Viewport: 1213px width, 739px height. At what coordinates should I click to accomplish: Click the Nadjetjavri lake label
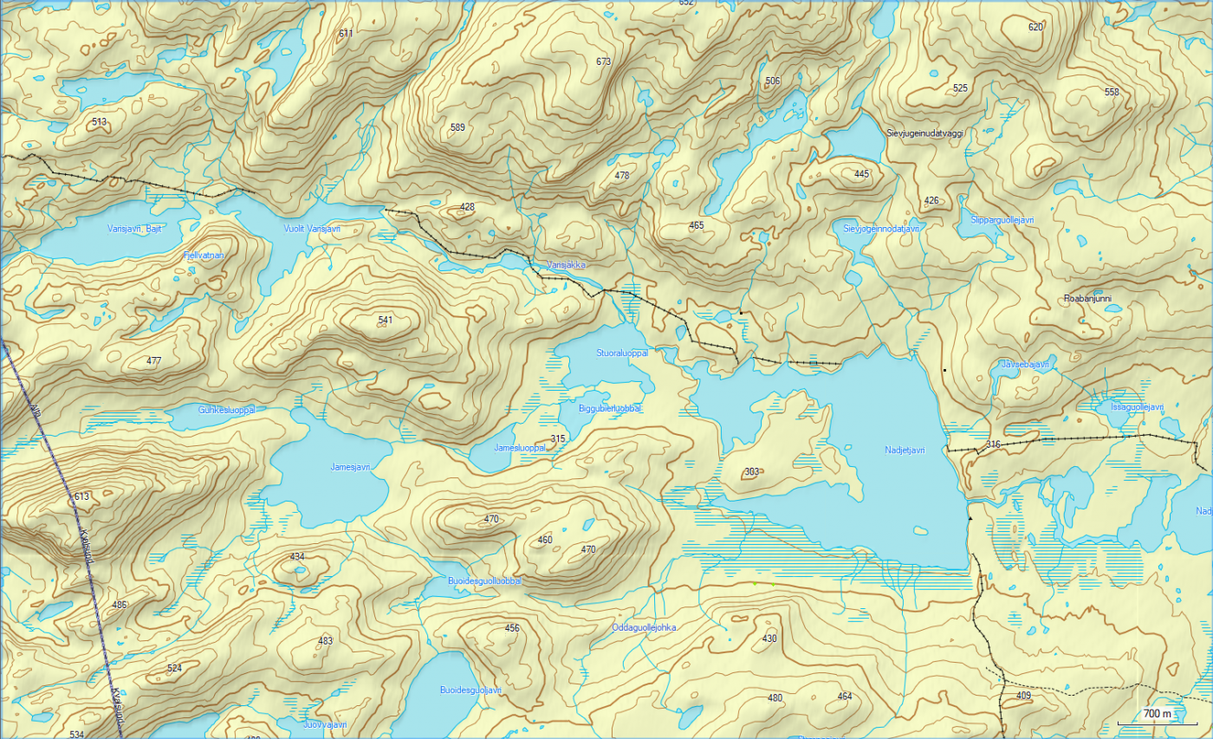905,450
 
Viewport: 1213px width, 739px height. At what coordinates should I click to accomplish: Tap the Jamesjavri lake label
350,466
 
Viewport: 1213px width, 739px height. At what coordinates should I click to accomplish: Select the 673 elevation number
604,62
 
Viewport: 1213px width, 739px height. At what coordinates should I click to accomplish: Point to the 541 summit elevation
386,321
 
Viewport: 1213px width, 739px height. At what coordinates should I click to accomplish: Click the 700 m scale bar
1157,714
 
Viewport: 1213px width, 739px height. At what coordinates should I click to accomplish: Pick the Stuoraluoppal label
622,353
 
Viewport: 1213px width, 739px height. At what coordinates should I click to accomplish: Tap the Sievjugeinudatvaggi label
925,133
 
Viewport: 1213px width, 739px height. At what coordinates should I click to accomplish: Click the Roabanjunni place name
1087,299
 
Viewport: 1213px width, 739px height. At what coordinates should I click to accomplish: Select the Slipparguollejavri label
997,220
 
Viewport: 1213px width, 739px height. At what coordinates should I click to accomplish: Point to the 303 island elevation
751,472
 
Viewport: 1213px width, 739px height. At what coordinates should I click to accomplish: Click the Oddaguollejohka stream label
643,627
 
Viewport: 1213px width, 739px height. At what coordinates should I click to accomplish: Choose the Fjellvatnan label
204,256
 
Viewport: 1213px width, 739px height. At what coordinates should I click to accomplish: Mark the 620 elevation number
1035,27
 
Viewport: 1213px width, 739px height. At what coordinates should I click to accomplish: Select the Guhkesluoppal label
226,410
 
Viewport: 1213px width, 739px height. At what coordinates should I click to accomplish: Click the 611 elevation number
347,34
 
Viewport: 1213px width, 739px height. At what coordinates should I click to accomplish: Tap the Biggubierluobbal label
610,408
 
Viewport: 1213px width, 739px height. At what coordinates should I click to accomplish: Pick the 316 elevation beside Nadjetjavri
993,444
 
